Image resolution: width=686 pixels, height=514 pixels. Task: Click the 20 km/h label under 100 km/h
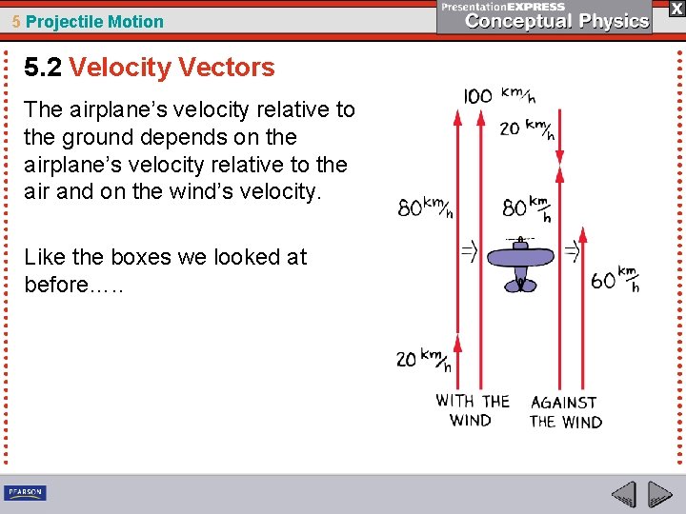pos(525,128)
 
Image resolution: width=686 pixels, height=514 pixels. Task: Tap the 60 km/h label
pos(615,279)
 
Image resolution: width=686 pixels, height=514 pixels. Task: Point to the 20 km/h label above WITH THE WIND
pos(423,360)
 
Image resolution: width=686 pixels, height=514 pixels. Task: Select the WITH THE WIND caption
pos(473,410)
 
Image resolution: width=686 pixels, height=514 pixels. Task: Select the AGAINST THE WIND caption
pos(566,412)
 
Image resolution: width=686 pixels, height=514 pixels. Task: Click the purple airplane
pos(520,258)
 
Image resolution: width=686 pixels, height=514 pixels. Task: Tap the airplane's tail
pos(520,284)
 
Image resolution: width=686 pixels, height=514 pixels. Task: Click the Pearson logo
pos(25,493)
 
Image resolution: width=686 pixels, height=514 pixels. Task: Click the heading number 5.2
pos(43,68)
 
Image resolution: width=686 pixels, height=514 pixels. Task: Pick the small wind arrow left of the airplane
pos(470,251)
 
